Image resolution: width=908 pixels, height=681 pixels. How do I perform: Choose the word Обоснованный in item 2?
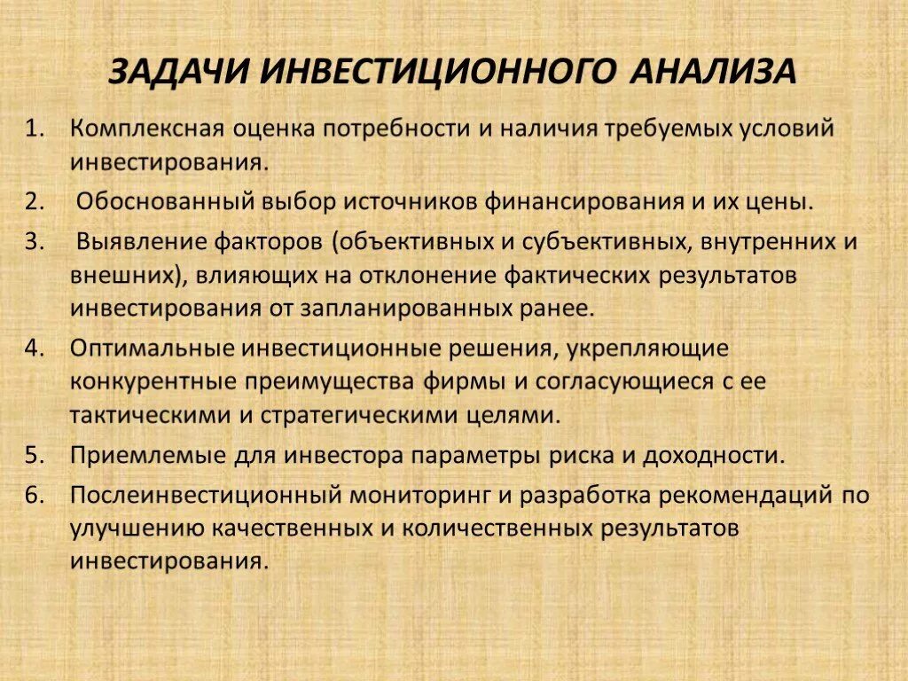[x=165, y=201]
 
